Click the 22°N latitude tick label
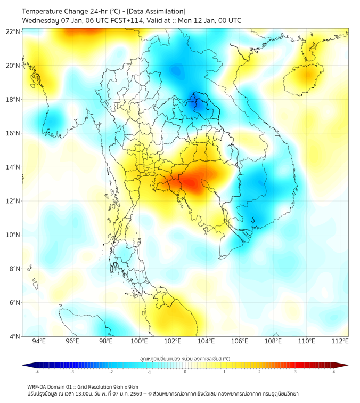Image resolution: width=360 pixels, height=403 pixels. tap(13, 31)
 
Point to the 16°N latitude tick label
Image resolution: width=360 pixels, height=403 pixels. tap(13, 133)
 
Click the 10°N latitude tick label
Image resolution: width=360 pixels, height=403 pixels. tap(13, 235)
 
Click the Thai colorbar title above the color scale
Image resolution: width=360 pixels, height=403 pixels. tap(185, 358)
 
